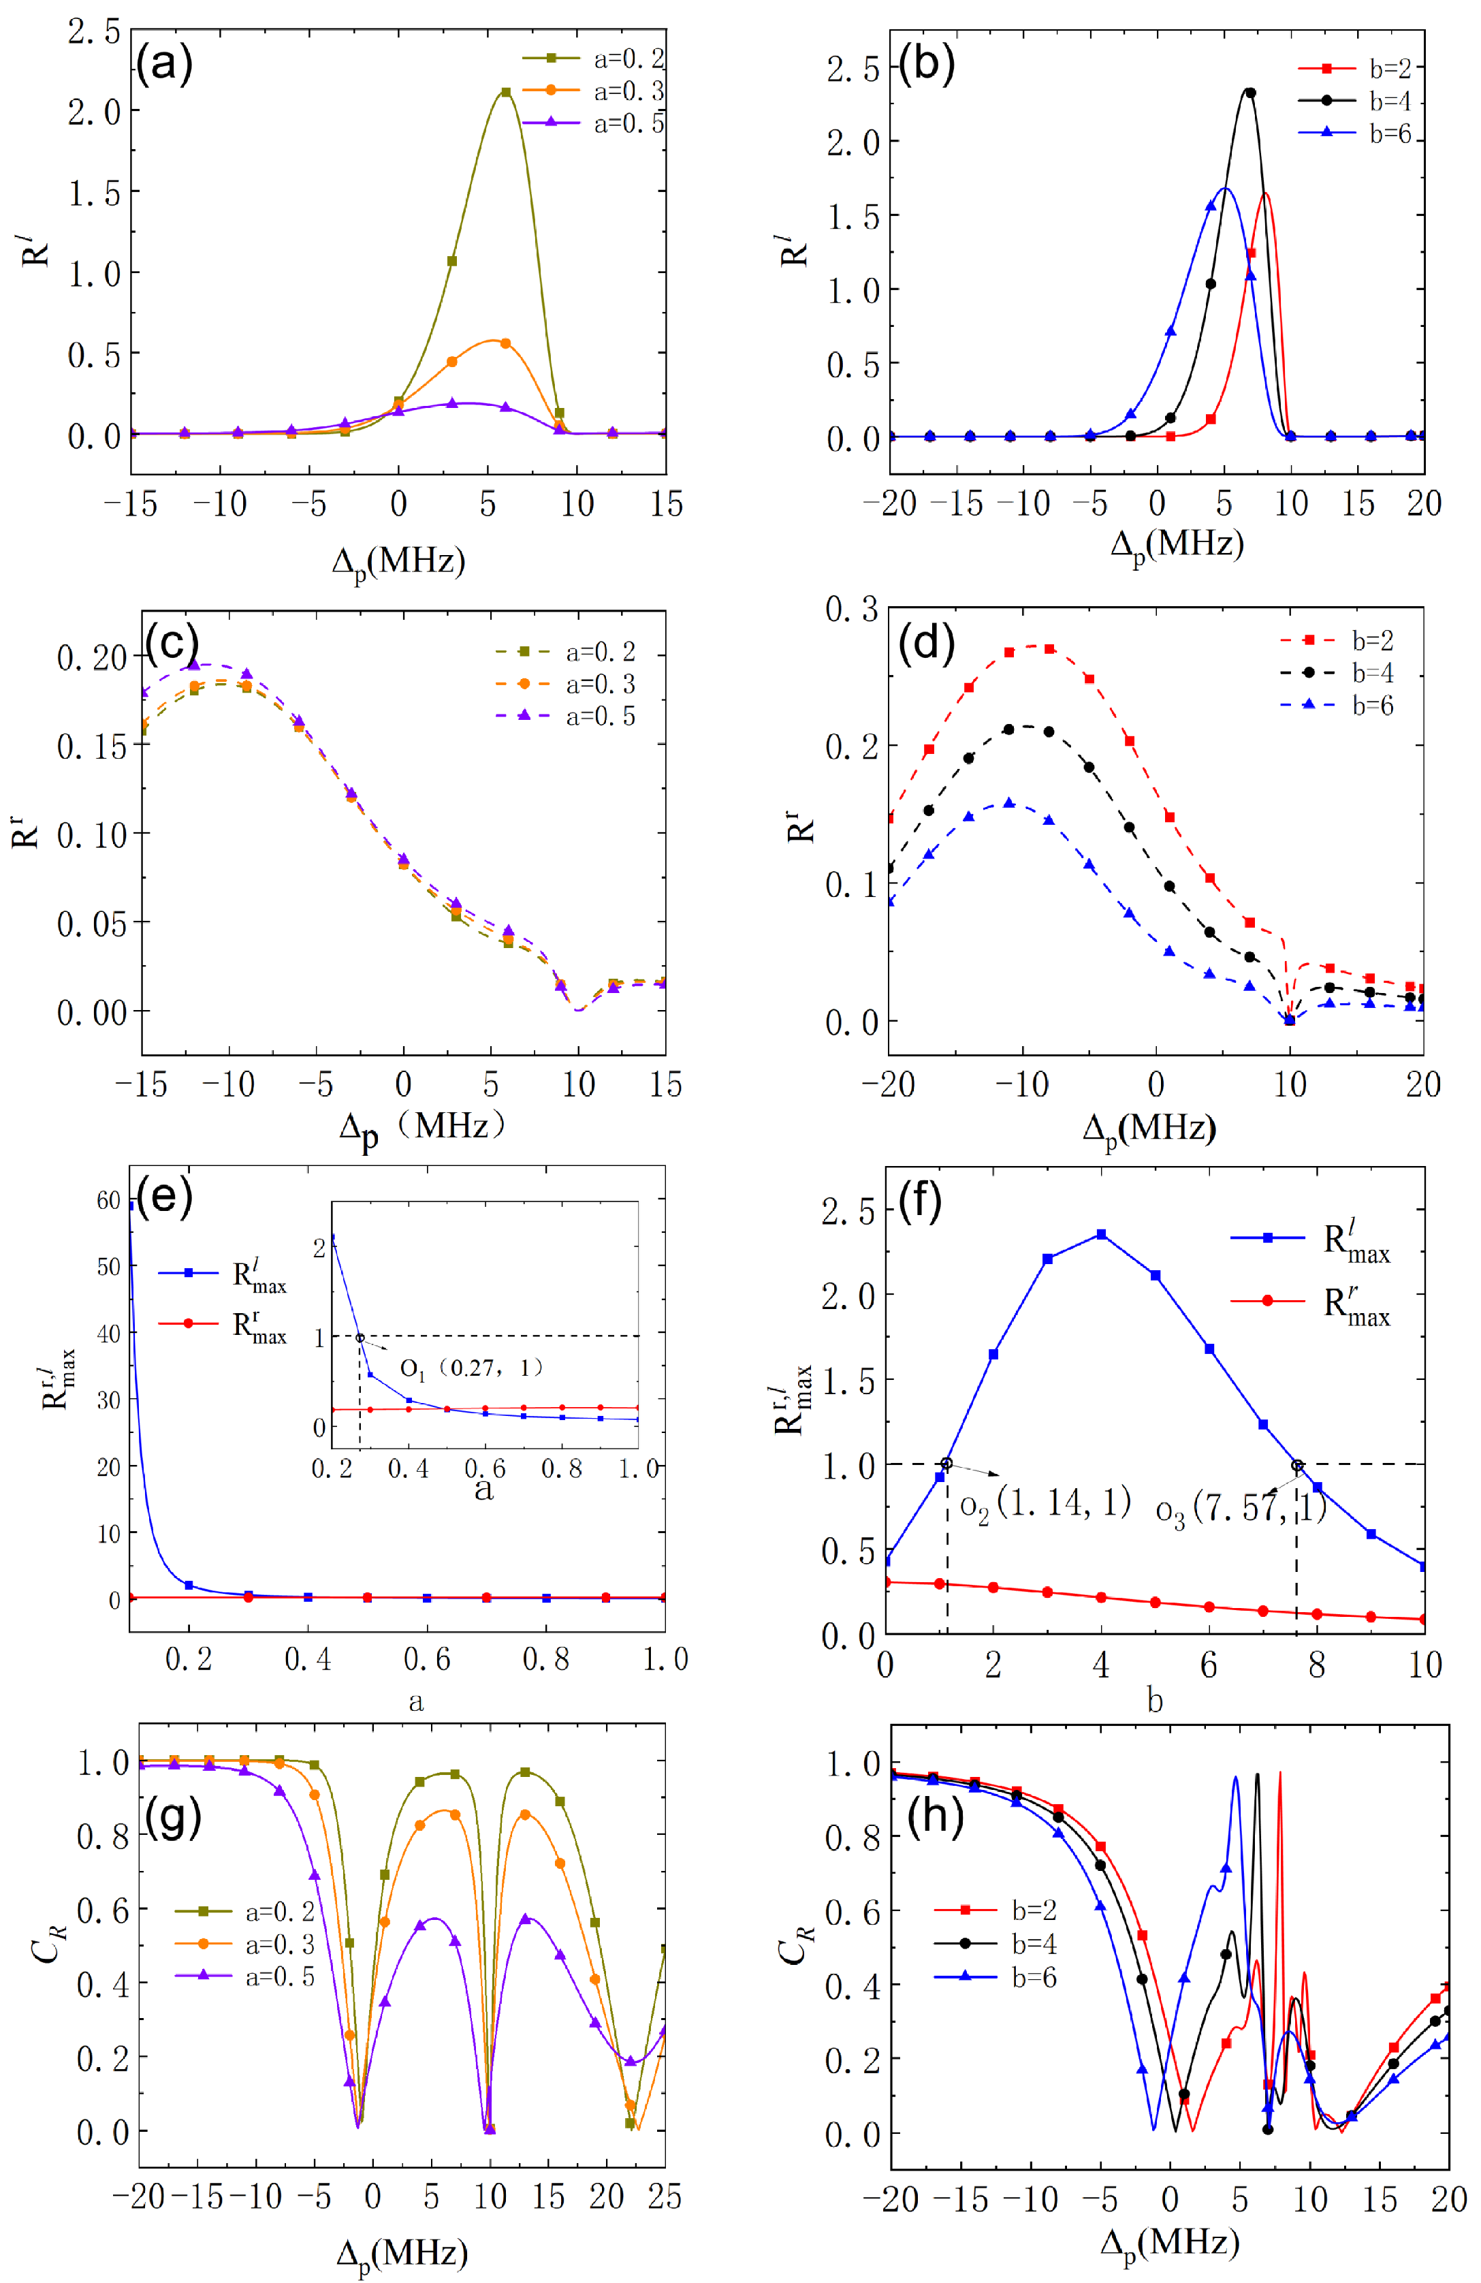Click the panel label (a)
tap(164, 63)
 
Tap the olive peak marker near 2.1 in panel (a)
tap(505, 92)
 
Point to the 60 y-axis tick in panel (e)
tap(108, 1200)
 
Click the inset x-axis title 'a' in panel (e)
tap(484, 1489)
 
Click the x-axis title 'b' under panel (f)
tap(1155, 1701)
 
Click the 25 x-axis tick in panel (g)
tap(664, 2196)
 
